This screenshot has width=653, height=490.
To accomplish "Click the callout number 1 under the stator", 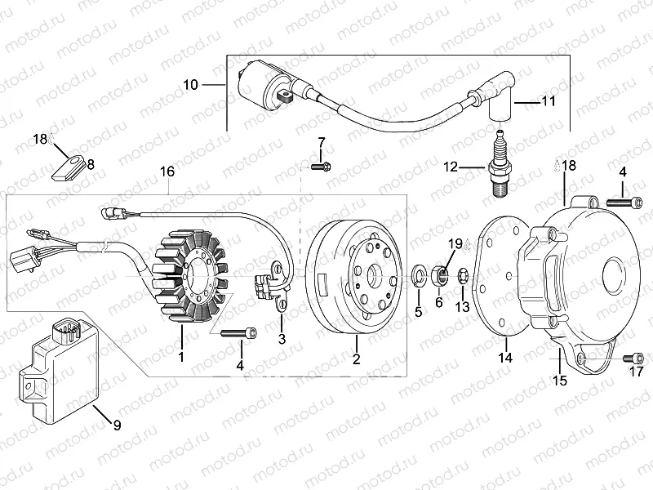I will pyautogui.click(x=181, y=357).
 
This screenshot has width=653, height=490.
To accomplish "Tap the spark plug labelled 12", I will pyautogui.click(x=500, y=167).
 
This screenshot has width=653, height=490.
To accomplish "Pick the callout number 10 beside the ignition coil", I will pyautogui.click(x=189, y=85).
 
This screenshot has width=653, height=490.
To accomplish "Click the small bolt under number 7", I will pyautogui.click(x=321, y=167).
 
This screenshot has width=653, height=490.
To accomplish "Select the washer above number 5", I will pyautogui.click(x=418, y=272).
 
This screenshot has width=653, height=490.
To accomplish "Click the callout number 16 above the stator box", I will pyautogui.click(x=167, y=171).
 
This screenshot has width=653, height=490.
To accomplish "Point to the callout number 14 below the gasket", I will pyautogui.click(x=505, y=358).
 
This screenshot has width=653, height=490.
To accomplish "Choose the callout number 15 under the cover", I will pyautogui.click(x=560, y=380).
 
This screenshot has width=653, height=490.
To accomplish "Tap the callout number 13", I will pyautogui.click(x=462, y=307).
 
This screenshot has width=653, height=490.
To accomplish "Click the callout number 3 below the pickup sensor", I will pyautogui.click(x=281, y=338).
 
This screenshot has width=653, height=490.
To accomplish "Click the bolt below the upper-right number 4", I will pyautogui.click(x=621, y=199).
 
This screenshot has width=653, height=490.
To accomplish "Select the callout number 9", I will pyautogui.click(x=116, y=425).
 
